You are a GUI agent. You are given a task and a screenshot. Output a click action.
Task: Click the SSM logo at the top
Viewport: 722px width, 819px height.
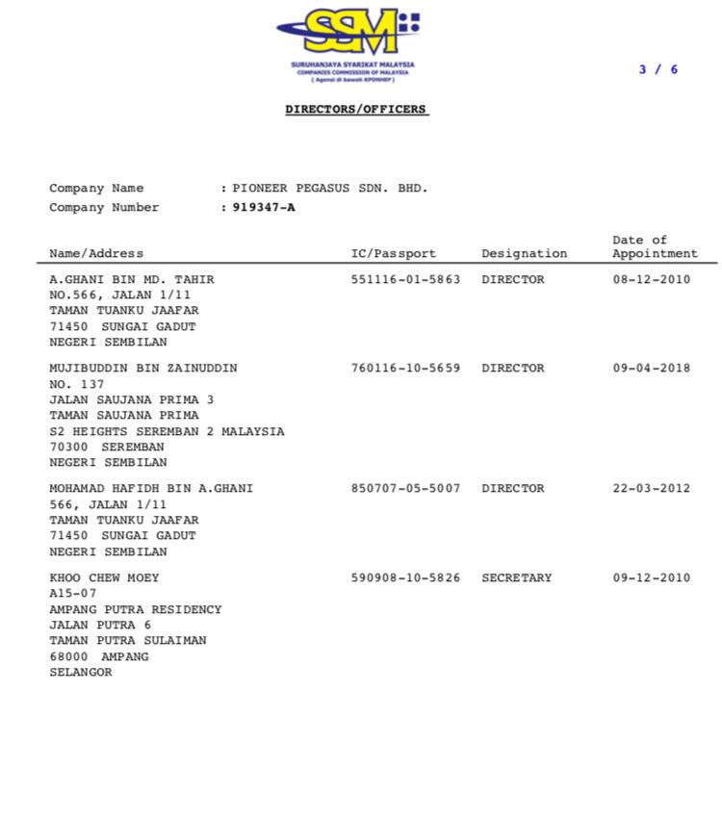[349, 34]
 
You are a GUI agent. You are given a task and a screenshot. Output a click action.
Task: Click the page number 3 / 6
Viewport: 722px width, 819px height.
[658, 69]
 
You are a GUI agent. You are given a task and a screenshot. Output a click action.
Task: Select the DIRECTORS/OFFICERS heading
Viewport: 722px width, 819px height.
[356, 110]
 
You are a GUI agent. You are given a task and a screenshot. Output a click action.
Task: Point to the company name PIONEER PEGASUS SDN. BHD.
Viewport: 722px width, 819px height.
[330, 189]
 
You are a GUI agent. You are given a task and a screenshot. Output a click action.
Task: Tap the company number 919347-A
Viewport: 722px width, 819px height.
[264, 208]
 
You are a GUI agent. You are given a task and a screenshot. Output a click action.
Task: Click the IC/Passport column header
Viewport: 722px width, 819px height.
[393, 254]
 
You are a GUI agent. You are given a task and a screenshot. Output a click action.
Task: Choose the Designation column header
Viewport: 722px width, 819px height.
[524, 254]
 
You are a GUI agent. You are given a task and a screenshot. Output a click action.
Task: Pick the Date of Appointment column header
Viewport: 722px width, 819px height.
[655, 247]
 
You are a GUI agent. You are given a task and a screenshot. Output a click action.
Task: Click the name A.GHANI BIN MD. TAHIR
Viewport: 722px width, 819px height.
[132, 280]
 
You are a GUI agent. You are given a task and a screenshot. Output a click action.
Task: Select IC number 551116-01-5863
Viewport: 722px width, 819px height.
[405, 280]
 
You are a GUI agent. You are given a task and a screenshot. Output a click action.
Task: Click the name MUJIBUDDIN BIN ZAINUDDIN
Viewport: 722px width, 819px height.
[143, 369]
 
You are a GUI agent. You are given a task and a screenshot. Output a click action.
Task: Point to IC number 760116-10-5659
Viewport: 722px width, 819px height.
[405, 369]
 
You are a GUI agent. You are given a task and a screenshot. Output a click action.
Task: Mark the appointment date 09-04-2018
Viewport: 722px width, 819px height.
[652, 369]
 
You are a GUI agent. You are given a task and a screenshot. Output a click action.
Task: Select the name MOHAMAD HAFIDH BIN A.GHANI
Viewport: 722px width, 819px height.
[151, 489]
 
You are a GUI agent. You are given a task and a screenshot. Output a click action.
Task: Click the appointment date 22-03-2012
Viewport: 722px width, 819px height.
[652, 489]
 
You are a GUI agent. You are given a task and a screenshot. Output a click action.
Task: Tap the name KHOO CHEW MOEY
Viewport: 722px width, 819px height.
[104, 578]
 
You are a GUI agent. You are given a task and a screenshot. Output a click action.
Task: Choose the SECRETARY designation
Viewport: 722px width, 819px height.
[517, 578]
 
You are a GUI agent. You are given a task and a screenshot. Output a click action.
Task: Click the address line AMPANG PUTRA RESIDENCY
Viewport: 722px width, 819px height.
[136, 610]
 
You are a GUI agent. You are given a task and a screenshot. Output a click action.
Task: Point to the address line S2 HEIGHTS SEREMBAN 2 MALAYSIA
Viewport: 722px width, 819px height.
[167, 432]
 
